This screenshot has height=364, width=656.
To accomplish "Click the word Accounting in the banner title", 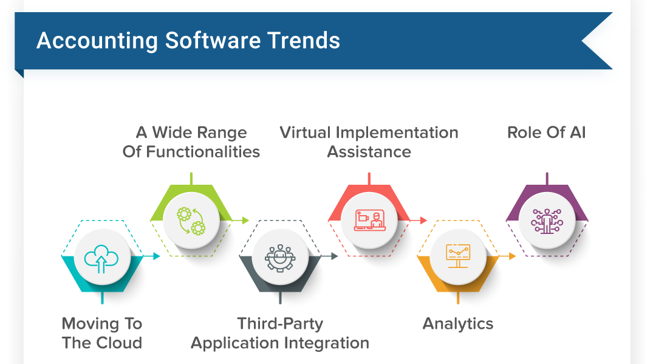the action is tap(97, 41).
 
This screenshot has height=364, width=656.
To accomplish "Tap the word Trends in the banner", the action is tap(304, 41).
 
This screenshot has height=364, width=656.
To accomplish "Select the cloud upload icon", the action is tap(101, 259).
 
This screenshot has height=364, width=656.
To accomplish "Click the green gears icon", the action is tap(191, 221).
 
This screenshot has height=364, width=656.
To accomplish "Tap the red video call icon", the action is tap(369, 220).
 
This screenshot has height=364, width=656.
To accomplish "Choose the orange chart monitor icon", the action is tap(458, 256).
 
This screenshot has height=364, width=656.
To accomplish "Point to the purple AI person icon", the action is tap(547, 221).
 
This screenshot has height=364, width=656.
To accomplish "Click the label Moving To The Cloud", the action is tap(102, 333).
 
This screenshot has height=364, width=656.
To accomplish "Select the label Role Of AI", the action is tap(547, 132).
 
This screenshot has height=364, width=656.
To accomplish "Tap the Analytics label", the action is tap(458, 324).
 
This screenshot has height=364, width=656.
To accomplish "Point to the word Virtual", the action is tap(306, 132).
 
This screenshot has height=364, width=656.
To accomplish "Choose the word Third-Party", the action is tap(280, 324).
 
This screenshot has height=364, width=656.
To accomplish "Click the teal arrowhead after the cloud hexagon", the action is tap(157, 256).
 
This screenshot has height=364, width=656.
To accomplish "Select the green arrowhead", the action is tap(246, 221).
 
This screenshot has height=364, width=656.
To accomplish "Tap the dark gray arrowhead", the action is tap(335, 256).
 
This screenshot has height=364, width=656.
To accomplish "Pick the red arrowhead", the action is tap(424, 221).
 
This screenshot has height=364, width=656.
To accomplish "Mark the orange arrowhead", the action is tap(513, 256).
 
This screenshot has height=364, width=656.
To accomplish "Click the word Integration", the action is tap(327, 343).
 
